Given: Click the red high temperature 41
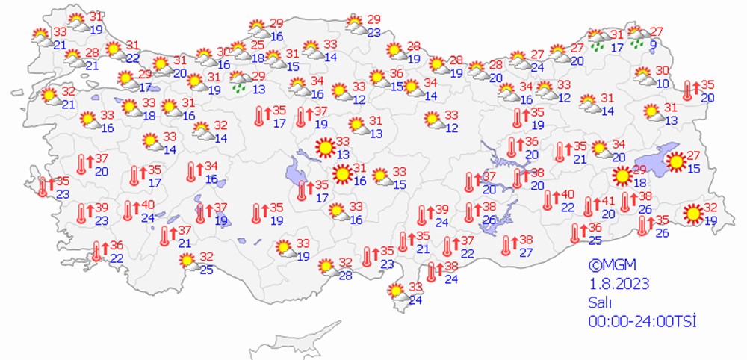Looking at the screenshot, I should click(607, 200).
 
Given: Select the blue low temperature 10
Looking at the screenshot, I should click(663, 83).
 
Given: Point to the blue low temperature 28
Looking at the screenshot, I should click(344, 276).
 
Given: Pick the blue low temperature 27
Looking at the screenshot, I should click(526, 252).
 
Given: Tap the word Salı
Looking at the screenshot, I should click(601, 302).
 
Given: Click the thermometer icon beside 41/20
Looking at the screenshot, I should click(589, 206).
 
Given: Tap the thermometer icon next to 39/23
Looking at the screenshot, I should click(82, 214).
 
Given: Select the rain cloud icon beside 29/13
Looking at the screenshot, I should click(240, 81).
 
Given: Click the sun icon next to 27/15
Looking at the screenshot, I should click(676, 161).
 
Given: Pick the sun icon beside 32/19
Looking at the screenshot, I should click(695, 214).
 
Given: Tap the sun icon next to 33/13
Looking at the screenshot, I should click(325, 148).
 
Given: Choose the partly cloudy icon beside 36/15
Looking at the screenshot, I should click(379, 78).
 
